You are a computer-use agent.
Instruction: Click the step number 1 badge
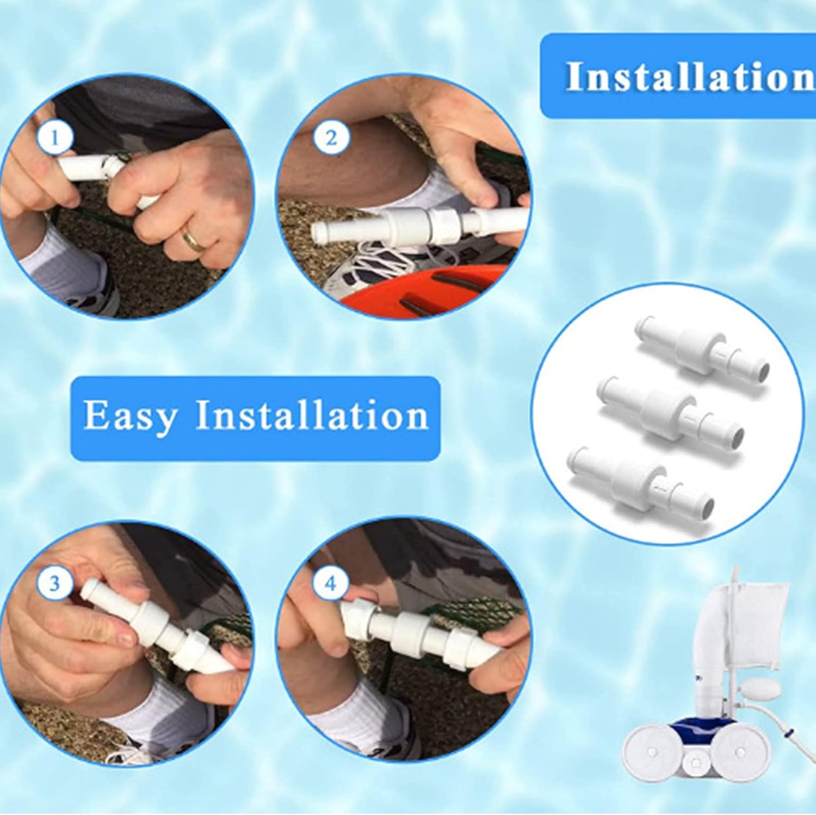[x=54, y=138]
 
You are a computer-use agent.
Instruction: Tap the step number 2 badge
[x=331, y=138]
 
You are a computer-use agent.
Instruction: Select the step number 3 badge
[x=54, y=583]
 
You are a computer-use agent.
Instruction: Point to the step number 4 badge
[x=331, y=583]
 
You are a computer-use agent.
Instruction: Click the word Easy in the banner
[x=131, y=416]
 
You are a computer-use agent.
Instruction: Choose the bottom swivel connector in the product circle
[x=640, y=478]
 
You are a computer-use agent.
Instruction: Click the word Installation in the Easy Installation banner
[x=312, y=416]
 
